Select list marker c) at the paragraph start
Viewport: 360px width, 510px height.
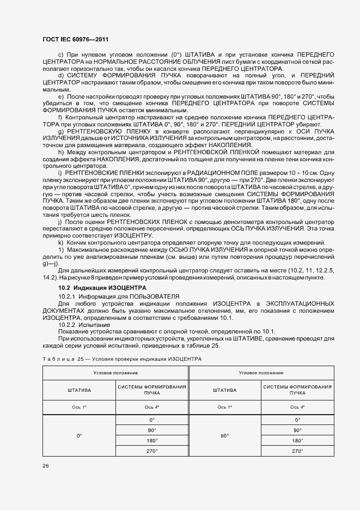(61, 56)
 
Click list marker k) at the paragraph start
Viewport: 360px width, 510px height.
(61, 242)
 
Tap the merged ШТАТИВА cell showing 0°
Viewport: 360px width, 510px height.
(79, 435)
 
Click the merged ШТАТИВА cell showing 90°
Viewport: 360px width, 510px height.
(224, 435)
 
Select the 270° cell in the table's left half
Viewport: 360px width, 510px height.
(152, 451)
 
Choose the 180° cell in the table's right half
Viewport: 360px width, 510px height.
(297, 441)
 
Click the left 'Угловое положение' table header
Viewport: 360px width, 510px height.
(115, 373)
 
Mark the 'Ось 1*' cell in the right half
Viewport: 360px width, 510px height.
(224, 407)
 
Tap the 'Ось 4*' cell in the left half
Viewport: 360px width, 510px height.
(152, 407)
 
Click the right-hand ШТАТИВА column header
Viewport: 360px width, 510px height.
(224, 390)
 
